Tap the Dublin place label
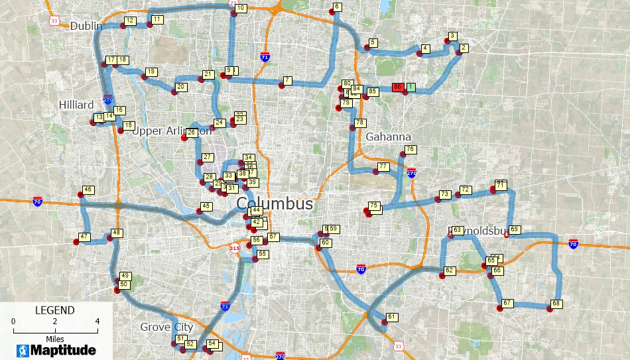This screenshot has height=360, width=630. pyautogui.click(x=86, y=26)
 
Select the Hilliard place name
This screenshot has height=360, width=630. pyautogui.click(x=76, y=105)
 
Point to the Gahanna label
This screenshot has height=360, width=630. pyautogui.click(x=389, y=137)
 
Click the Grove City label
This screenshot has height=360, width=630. pyautogui.click(x=166, y=327)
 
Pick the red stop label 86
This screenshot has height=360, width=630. pyautogui.click(x=398, y=87)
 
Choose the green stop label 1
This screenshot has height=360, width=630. pyautogui.click(x=410, y=87)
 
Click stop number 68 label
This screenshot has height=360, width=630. pyautogui.click(x=556, y=304)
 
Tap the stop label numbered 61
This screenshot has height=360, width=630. pyautogui.click(x=392, y=317)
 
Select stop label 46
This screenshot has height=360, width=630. pyautogui.click(x=88, y=190)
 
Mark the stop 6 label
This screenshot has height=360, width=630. pyautogui.click(x=337, y=7)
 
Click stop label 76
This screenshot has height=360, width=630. pyautogui.click(x=410, y=150)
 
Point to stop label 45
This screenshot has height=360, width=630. pyautogui.click(x=206, y=206)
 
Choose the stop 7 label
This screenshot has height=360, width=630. pyautogui.click(x=287, y=80)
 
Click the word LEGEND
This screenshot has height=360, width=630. pyautogui.click(x=54, y=310)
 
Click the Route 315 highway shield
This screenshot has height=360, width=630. pyautogui.click(x=234, y=248)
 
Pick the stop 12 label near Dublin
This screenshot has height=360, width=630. pyautogui.click(x=130, y=21)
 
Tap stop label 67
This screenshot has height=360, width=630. pyautogui.click(x=507, y=303)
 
